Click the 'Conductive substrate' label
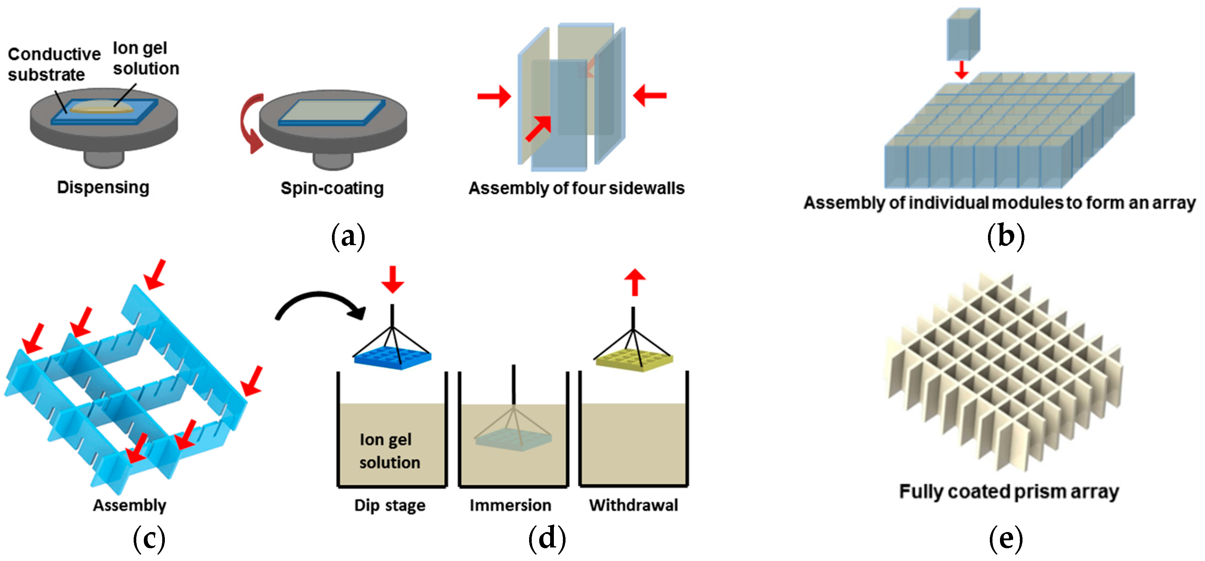click(54, 64)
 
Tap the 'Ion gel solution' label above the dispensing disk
click(145, 58)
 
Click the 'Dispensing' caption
click(103, 187)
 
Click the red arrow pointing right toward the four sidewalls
click(494, 97)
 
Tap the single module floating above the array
click(963, 34)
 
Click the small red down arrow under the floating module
click(962, 70)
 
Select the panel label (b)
click(1005, 237)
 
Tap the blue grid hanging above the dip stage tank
click(392, 358)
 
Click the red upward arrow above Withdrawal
click(634, 282)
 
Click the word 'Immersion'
click(510, 505)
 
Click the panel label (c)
click(149, 538)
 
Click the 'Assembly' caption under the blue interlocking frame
click(130, 505)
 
